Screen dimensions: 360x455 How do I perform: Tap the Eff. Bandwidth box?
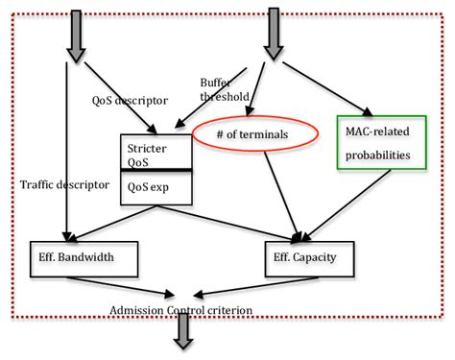click(84, 256)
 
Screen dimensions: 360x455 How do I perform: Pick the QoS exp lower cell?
click(154, 189)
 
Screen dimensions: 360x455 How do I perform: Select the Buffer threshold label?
click(223, 89)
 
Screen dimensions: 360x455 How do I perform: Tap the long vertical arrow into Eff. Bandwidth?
click(67, 154)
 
